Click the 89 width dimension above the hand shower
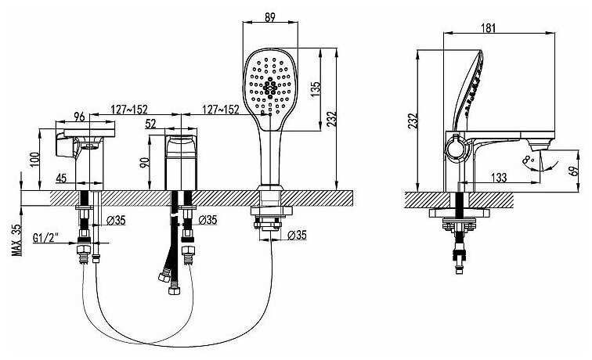270,17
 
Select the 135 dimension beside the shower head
316,90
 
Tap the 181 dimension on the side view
488,28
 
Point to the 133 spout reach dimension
499,177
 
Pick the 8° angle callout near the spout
528,160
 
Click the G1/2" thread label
45,238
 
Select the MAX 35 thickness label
17,240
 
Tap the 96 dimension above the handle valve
79,117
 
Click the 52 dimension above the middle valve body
150,124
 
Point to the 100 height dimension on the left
34,160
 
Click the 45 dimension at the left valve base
61,178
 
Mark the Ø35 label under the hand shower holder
297,235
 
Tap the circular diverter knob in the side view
457,148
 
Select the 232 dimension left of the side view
413,121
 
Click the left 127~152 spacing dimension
129,110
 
